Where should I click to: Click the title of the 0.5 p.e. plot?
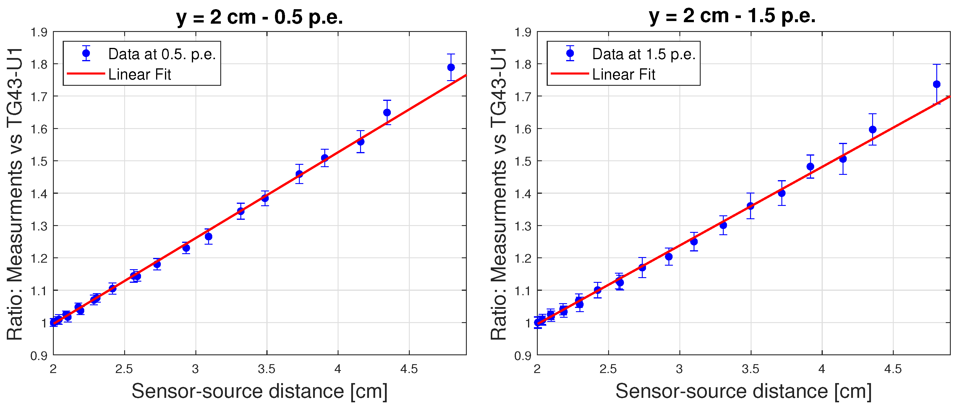259,17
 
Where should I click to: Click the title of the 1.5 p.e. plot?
732,16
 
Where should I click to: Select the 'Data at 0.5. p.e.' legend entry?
162,54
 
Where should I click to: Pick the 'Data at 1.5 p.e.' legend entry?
643,54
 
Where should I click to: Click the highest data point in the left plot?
451,67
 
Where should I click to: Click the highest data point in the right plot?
937,84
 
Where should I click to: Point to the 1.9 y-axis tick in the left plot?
39,32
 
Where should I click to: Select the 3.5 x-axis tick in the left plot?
266,369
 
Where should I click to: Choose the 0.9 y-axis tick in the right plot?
523,356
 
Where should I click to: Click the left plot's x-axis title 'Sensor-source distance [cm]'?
259,391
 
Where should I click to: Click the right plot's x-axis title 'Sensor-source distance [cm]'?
743,391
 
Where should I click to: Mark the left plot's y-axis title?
15,193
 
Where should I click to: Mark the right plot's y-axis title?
498,193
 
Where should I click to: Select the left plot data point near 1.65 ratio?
387,112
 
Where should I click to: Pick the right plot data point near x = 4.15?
843,159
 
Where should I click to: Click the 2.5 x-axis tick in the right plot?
608,369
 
